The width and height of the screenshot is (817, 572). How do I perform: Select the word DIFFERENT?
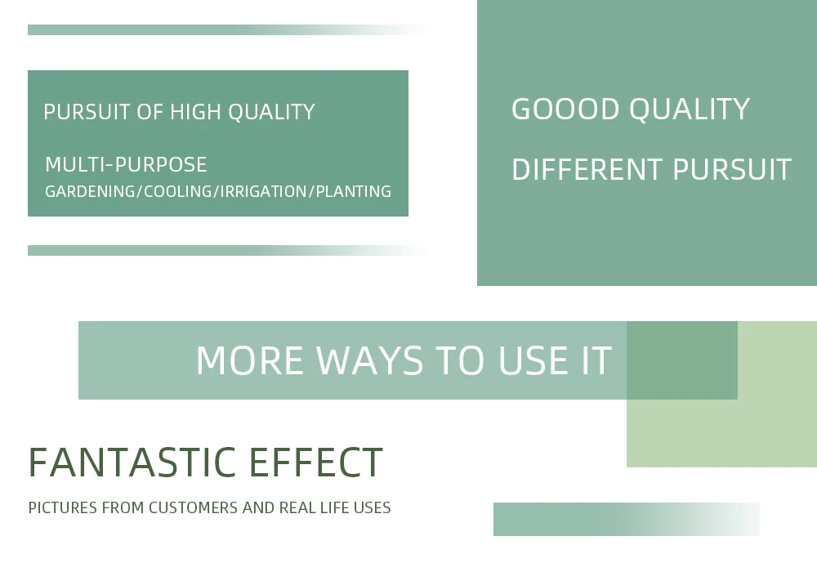(x=587, y=170)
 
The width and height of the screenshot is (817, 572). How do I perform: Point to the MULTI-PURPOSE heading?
(x=126, y=164)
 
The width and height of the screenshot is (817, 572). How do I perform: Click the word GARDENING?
(x=90, y=192)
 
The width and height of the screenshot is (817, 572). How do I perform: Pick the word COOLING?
(x=177, y=192)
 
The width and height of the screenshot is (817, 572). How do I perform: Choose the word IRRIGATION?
(x=263, y=192)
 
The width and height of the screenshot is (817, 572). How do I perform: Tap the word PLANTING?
(x=353, y=192)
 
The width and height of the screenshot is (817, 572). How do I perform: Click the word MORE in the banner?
(x=249, y=360)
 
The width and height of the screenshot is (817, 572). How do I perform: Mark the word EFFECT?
(x=315, y=462)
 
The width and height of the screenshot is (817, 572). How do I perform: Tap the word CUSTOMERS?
(x=194, y=508)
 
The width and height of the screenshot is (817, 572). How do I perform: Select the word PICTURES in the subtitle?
(x=63, y=508)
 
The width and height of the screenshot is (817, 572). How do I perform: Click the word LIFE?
(x=334, y=508)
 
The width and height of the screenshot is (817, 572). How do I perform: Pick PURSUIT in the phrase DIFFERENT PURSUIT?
(x=732, y=170)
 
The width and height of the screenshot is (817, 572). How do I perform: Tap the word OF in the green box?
(x=150, y=112)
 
